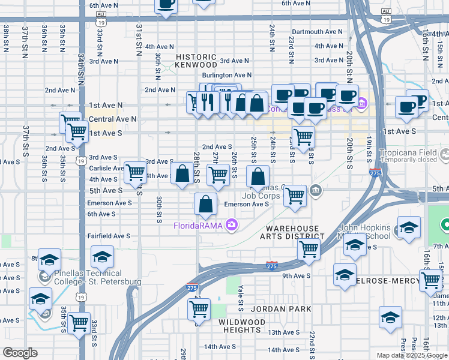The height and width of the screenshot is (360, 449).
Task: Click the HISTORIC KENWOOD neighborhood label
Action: (x=196, y=60)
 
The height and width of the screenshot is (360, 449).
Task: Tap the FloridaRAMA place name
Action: (x=198, y=226)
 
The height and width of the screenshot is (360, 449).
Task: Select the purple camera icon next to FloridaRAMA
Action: (x=232, y=225)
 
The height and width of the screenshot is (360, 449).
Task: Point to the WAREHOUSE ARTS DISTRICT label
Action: (x=292, y=232)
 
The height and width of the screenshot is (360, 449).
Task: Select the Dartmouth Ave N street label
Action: (x=315, y=32)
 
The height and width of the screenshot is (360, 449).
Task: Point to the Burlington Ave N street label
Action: (x=226, y=75)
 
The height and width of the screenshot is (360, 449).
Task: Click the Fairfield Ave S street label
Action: (x=109, y=236)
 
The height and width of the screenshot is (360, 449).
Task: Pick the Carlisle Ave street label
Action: (x=106, y=169)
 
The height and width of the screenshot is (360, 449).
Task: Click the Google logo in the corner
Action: (x=20, y=353)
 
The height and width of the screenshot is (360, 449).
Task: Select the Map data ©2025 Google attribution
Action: (x=412, y=355)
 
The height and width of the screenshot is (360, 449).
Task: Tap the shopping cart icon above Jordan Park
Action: (x=199, y=309)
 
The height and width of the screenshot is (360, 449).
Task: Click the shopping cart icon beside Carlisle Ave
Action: (x=135, y=172)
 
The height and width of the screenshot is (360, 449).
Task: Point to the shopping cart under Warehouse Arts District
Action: (x=309, y=249)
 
